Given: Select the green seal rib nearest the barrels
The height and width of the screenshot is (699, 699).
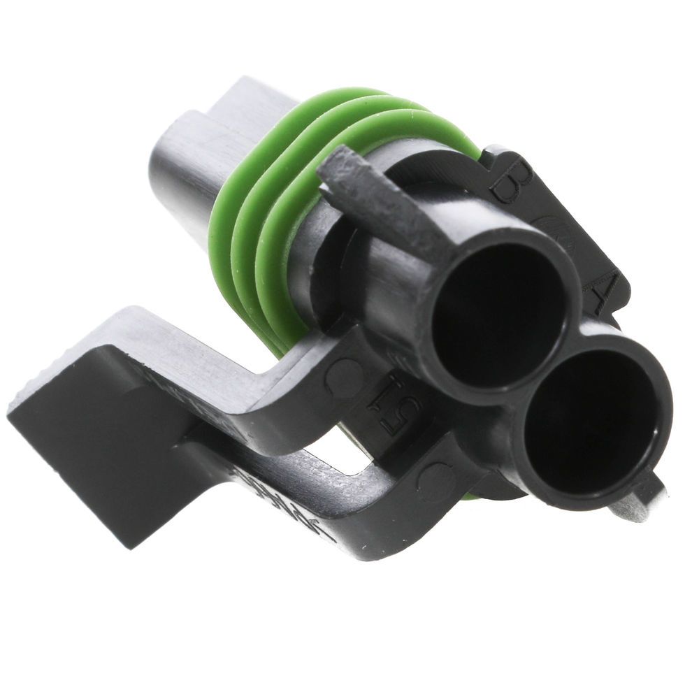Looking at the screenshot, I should tap(280, 280).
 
